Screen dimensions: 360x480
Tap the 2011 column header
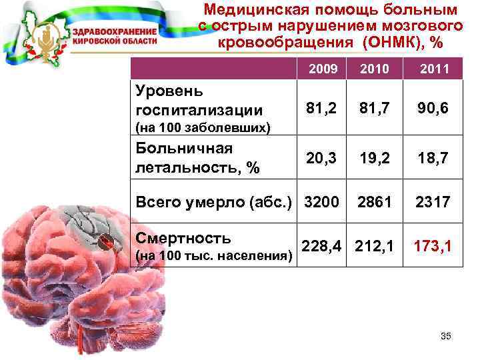tap(434, 69)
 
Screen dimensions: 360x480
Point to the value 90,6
tap(434, 108)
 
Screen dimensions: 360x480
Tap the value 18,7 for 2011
tap(434, 157)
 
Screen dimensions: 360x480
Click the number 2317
tap(434, 201)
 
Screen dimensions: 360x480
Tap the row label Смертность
tap(183, 238)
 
